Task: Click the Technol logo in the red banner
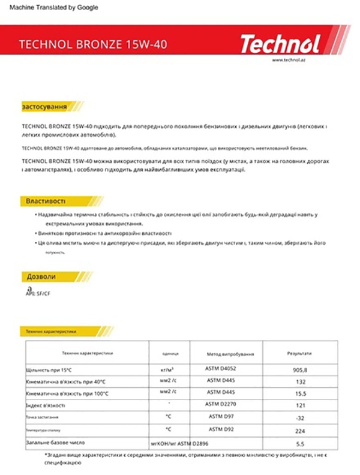pyautogui.click(x=280, y=43)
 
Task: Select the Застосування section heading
pyautogui.click(x=44, y=107)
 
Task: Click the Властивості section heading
pyautogui.click(x=46, y=200)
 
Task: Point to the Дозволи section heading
pyautogui.click(x=41, y=276)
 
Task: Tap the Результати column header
pyautogui.click(x=299, y=353)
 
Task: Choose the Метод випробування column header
pyautogui.click(x=226, y=354)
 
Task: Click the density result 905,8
pyautogui.click(x=300, y=370)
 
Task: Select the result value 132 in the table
pyautogui.click(x=301, y=381)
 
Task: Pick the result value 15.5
pyautogui.click(x=301, y=393)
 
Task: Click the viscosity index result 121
pyautogui.click(x=301, y=405)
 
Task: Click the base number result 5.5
pyautogui.click(x=301, y=444)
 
